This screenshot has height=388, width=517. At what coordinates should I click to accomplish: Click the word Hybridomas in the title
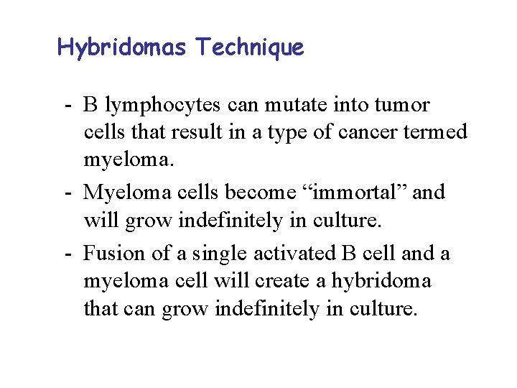[122, 47]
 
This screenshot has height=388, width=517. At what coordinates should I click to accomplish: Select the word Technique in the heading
[250, 47]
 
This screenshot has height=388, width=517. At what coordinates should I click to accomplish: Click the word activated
[294, 253]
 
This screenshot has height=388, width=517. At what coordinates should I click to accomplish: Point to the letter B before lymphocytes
[90, 106]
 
